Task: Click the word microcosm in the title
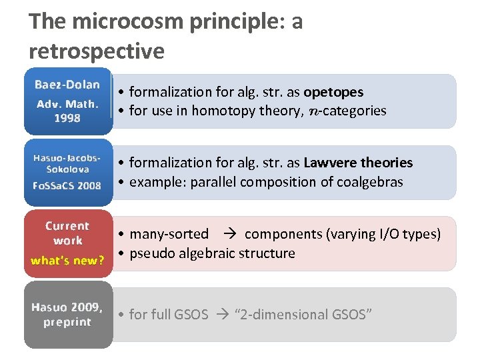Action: [127, 22]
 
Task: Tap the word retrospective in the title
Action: [97, 51]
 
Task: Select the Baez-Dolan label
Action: [67, 85]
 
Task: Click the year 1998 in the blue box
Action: [67, 118]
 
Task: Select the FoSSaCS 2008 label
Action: [67, 185]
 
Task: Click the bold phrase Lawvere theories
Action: [358, 163]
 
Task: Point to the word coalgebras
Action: [369, 182]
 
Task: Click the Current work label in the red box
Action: [67, 233]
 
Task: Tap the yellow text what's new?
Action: [67, 260]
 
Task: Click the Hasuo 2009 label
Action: [67, 307]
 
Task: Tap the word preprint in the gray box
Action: [67, 322]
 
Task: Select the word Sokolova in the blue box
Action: [67, 169]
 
